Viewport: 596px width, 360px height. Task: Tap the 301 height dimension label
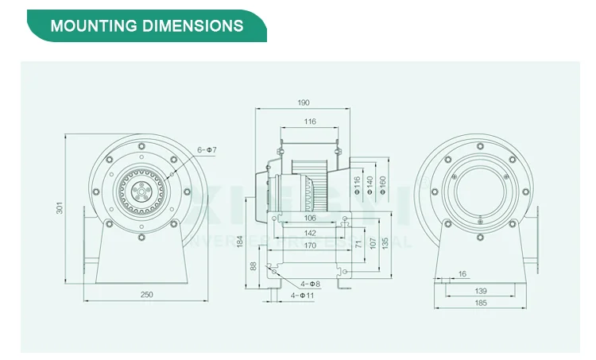pyautogui.click(x=60, y=208)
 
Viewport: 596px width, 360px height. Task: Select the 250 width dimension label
pyautogui.click(x=146, y=295)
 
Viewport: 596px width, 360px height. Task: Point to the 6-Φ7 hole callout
pyautogui.click(x=207, y=150)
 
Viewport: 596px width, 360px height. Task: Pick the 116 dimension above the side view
pyautogui.click(x=309, y=122)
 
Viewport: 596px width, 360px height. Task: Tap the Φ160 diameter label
pyautogui.click(x=383, y=186)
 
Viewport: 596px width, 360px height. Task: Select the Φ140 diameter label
pyautogui.click(x=370, y=186)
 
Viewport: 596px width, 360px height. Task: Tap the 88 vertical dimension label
pyautogui.click(x=253, y=266)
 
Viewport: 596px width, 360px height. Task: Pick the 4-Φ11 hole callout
pyautogui.click(x=303, y=296)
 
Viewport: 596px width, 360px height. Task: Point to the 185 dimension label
pyautogui.click(x=481, y=303)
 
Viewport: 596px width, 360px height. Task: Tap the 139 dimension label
pyautogui.click(x=481, y=292)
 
